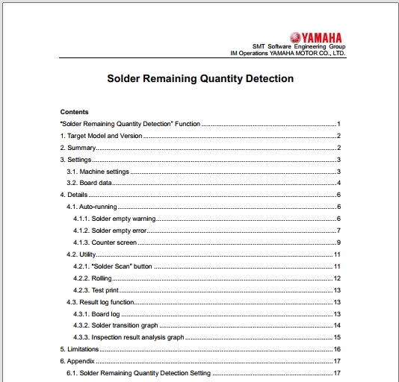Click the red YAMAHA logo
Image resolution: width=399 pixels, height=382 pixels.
316,37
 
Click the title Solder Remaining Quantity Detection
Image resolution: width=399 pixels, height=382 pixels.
200,78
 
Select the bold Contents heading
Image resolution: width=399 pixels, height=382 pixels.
74,112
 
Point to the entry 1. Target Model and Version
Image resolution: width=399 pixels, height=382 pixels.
99,136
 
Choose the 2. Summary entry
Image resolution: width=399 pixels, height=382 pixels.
78,148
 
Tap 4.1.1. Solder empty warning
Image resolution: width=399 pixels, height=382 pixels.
114,219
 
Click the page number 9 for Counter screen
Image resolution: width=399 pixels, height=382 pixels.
338,242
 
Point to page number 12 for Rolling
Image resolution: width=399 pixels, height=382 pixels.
337,278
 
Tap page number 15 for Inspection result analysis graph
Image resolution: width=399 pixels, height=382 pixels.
337,337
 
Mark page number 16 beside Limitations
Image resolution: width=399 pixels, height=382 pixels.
337,349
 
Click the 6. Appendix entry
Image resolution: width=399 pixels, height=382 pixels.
77,361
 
